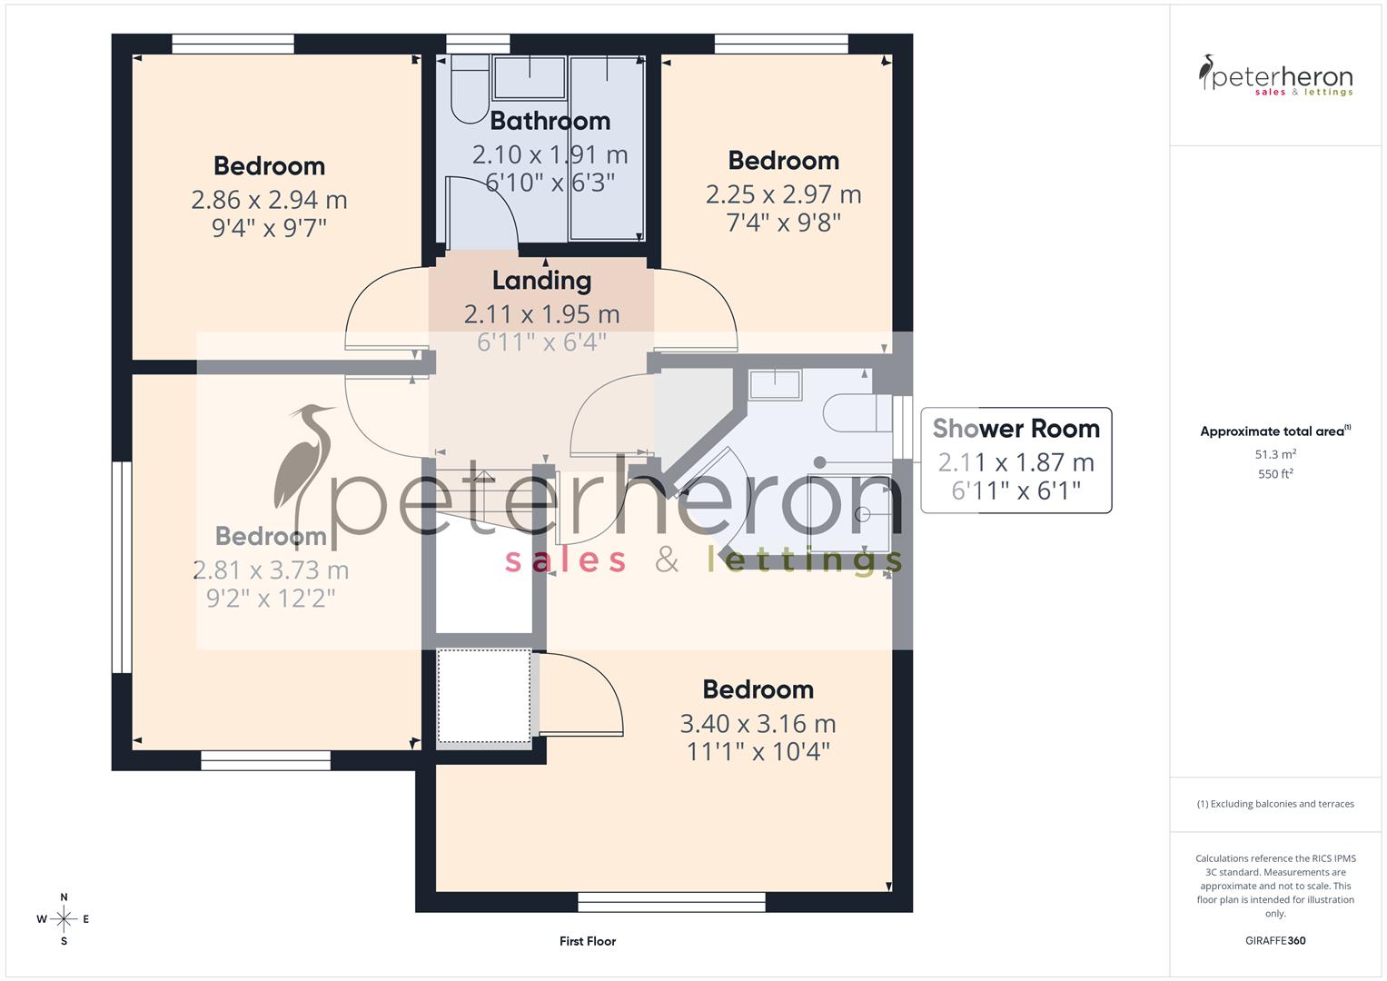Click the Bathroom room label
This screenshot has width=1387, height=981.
pyautogui.click(x=550, y=121)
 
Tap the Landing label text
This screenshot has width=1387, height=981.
pyautogui.click(x=541, y=281)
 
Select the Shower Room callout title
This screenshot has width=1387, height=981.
pyautogui.click(x=1015, y=428)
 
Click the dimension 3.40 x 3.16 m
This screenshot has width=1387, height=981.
pyautogui.click(x=758, y=724)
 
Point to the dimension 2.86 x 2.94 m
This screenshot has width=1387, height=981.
pyautogui.click(x=269, y=200)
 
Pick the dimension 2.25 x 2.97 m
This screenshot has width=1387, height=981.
pyautogui.click(x=783, y=194)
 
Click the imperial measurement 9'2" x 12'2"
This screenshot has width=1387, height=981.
pyautogui.click(x=271, y=599)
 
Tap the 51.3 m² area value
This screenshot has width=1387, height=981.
pyautogui.click(x=1275, y=454)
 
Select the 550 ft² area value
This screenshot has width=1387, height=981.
pyautogui.click(x=1275, y=474)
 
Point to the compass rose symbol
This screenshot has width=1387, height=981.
pyautogui.click(x=64, y=919)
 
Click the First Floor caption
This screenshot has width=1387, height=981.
pyautogui.click(x=588, y=941)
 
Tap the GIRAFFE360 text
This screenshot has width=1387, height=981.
pyautogui.click(x=1275, y=941)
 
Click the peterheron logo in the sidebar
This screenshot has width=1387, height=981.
pyautogui.click(x=1275, y=76)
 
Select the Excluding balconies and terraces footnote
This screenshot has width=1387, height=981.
pyautogui.click(x=1275, y=804)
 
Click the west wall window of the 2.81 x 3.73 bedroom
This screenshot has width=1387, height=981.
pyautogui.click(x=122, y=568)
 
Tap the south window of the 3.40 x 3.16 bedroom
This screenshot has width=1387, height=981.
pyautogui.click(x=672, y=901)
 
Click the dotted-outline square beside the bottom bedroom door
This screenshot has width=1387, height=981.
pyautogui.click(x=484, y=697)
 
